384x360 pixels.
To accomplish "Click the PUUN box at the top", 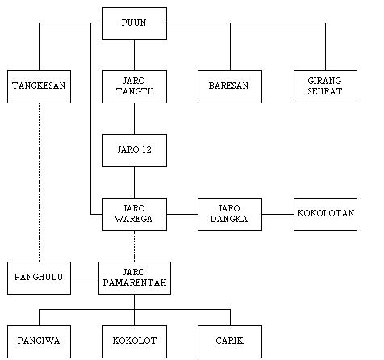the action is (x=135, y=23).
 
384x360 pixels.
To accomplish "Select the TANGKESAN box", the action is (x=39, y=86).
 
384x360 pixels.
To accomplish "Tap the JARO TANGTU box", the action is (x=135, y=86).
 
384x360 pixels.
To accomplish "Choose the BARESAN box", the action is (x=230, y=86).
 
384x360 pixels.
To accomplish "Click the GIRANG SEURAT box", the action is (x=326, y=86).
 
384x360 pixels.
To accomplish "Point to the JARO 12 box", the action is (x=135, y=150).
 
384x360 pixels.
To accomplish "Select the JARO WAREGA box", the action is (x=135, y=214).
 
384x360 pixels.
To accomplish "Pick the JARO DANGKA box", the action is (x=230, y=214).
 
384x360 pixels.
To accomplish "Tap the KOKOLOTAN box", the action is (x=326, y=214).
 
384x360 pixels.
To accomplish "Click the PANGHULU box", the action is (x=39, y=278).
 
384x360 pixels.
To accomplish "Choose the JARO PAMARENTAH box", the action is (x=135, y=278).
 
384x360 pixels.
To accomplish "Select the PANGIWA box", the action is (x=39, y=341).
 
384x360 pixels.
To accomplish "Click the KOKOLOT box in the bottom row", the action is (x=135, y=341).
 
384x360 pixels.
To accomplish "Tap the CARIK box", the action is (x=230, y=341).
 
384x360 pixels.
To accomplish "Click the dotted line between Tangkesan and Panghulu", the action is (x=39, y=182).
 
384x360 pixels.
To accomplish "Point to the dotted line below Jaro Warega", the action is (x=135, y=246).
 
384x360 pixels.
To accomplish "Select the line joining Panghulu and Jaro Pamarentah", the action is (x=85, y=278).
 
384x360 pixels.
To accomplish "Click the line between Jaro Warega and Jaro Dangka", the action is (x=182, y=214).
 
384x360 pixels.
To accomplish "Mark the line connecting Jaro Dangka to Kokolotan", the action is (x=278, y=214).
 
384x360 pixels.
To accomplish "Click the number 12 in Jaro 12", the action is (x=147, y=149).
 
